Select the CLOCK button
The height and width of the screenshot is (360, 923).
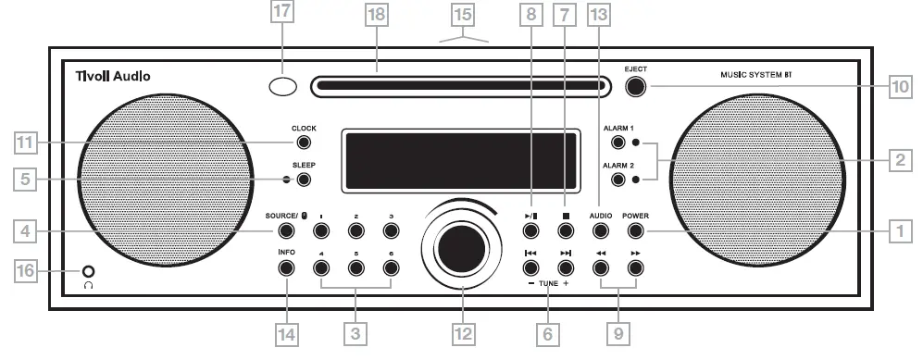click(x=303, y=143)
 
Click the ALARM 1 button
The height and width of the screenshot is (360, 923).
click(x=617, y=143)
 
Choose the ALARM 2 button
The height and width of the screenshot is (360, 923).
click(x=617, y=178)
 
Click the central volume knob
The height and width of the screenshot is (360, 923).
click(x=460, y=248)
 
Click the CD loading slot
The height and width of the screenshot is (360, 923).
click(x=460, y=87)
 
